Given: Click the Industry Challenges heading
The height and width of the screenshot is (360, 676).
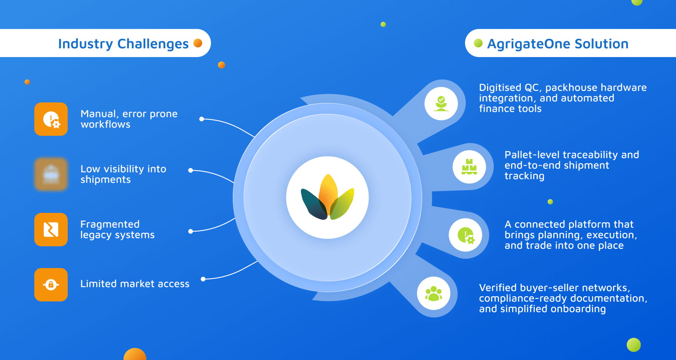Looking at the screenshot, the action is tap(123, 44).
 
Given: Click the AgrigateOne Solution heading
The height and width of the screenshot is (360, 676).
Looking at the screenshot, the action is tap(558, 44).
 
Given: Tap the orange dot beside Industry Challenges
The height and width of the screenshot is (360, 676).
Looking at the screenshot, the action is tap(198, 43).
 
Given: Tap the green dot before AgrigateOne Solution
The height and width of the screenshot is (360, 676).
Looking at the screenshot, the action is tap(478, 43).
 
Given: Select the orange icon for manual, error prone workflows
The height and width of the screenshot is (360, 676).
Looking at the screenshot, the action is tap(51, 119).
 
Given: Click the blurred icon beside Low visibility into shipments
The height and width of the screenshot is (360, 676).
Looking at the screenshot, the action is tap(51, 174).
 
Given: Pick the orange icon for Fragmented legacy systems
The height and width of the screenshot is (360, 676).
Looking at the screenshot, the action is tap(51, 230).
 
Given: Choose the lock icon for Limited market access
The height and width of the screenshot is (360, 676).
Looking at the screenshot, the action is tap(51, 285).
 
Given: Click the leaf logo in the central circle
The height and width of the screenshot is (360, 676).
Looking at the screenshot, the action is tap(328, 197).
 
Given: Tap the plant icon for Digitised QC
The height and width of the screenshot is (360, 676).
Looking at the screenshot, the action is tap(441, 104).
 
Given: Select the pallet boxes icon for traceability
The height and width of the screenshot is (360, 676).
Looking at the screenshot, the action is tap(469, 167).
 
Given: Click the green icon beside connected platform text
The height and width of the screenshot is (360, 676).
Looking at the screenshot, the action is tap(465, 235).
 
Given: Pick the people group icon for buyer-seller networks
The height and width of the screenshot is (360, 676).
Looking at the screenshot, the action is tap(434, 294).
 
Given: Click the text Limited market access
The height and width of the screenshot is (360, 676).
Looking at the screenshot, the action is tap(135, 284).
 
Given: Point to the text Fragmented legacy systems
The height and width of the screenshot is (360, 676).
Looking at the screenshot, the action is tap(117, 230).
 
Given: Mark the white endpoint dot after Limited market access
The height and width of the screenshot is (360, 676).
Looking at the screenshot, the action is tap(203, 279).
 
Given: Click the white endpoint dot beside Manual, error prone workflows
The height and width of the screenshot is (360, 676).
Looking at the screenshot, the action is tap(202, 119).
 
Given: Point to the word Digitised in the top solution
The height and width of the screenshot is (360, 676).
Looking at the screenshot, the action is tap(500, 88).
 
